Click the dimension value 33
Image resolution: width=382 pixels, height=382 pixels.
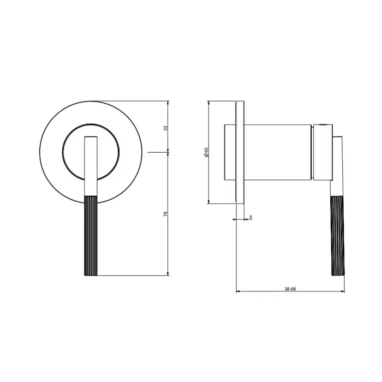pos(165,128)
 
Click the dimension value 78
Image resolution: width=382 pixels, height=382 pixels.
pos(165,214)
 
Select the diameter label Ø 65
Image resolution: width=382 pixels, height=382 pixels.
pos(206,152)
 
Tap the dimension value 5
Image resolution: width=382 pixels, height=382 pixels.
pos(250,217)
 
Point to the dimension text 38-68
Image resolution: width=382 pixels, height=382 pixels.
pos(290,289)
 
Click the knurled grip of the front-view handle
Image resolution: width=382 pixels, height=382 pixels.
pos(91,235)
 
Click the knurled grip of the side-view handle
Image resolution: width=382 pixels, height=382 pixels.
pos(338,236)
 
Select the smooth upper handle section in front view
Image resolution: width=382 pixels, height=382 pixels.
pos(91,166)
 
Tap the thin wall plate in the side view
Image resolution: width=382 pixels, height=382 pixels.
pos(240,152)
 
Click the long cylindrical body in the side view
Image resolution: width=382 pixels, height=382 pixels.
pos(277,152)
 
